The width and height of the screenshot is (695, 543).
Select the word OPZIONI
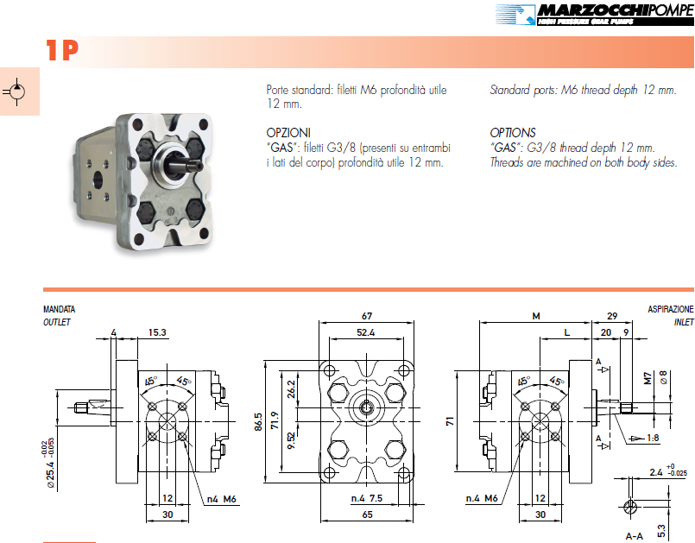[289, 133]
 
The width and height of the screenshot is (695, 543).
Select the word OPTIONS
[513, 133]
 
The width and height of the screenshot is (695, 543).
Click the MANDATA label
[59, 309]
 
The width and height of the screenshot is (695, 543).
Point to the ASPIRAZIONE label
[670, 309]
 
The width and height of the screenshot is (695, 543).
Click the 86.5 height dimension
[257, 420]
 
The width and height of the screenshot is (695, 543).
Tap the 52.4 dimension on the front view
[366, 332]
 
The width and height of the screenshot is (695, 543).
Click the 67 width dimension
[366, 315]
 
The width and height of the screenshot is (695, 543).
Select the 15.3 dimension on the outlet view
[156, 332]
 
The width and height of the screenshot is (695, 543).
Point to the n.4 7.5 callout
[367, 498]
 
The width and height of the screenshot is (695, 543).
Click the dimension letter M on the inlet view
[535, 316]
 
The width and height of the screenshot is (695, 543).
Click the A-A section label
[635, 535]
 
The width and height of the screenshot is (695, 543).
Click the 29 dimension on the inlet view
[612, 316]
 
